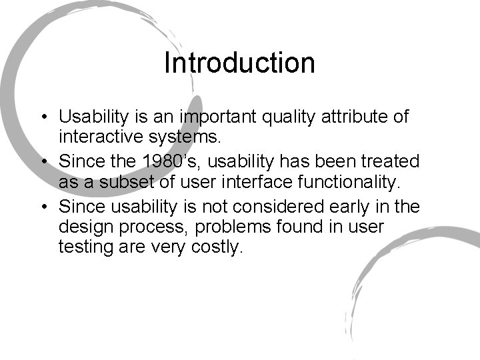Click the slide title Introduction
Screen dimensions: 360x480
click(x=239, y=63)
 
